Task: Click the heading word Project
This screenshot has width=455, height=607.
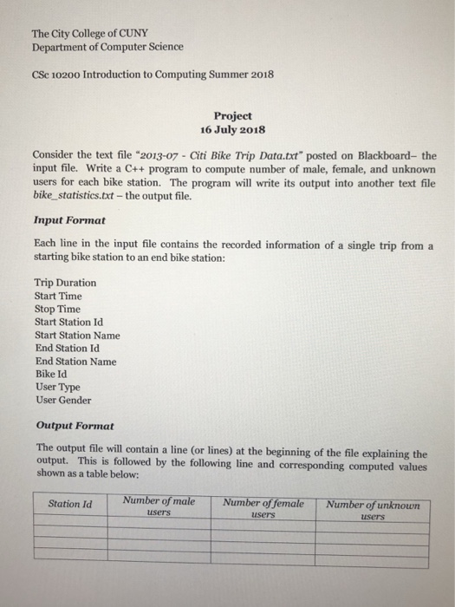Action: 231,115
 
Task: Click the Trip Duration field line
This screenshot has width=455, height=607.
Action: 65,283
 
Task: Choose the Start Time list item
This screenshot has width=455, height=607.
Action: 58,296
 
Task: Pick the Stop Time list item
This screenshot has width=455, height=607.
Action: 57,309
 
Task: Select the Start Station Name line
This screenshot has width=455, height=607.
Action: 77,335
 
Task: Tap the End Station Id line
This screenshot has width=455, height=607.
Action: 68,348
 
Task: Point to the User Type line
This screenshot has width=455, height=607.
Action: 58,387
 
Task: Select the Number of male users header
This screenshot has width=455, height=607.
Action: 159,506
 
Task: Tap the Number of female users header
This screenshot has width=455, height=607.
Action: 263,506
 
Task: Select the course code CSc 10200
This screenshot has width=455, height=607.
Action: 62,75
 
